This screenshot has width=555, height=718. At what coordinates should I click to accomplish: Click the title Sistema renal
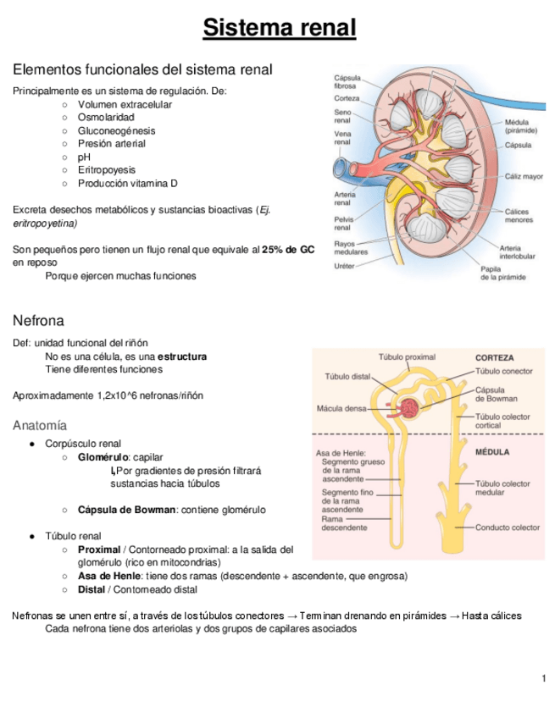[x=279, y=28]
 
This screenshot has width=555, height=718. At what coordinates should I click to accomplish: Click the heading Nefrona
[x=38, y=321]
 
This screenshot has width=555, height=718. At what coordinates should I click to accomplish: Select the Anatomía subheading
[x=40, y=425]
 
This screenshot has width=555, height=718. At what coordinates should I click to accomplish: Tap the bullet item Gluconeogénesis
[x=116, y=130]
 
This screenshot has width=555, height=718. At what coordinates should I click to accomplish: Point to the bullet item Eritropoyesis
[x=106, y=169]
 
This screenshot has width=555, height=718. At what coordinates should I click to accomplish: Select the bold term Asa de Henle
[x=108, y=576]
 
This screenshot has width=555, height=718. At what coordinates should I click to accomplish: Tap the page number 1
[x=543, y=678]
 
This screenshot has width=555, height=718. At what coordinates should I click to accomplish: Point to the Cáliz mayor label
[x=524, y=178]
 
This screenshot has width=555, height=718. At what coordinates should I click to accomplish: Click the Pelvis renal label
[x=343, y=224]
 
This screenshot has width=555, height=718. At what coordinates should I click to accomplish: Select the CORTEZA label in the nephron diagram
[x=494, y=357]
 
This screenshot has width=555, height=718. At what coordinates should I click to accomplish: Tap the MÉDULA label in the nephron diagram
[x=491, y=452]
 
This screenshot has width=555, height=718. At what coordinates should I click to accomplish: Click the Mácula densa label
[x=341, y=408]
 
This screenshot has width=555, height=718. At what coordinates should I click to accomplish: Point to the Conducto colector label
[x=507, y=527]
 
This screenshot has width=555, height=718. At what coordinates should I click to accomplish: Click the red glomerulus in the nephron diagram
[x=411, y=409]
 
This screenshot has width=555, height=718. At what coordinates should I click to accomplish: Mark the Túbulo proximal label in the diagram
[x=407, y=357]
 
